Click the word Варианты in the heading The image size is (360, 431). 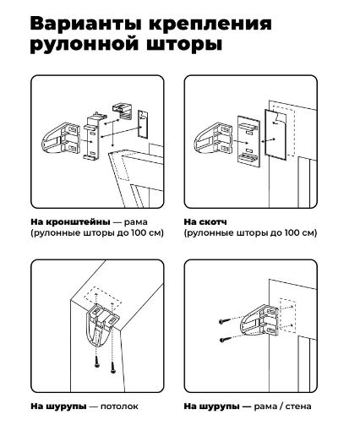(x=85, y=24)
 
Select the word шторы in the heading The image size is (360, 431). (x=184, y=45)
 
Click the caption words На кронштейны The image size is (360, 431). (x=70, y=221)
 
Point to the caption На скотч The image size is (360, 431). (x=205, y=221)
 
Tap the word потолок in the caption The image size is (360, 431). (x=119, y=406)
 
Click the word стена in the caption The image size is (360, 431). (x=298, y=406)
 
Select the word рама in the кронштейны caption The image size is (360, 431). (x=136, y=222)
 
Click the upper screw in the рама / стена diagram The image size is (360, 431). (x=224, y=321)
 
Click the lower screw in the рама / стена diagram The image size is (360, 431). (x=226, y=340)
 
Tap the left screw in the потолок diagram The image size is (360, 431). (x=97, y=362)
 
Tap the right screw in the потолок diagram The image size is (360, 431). (x=113, y=368)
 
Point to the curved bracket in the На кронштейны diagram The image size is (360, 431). (x=61, y=138)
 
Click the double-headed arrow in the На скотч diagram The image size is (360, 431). (x=269, y=140)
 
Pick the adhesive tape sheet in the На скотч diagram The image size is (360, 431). (x=275, y=134)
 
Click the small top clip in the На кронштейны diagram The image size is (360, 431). (x=123, y=112)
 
